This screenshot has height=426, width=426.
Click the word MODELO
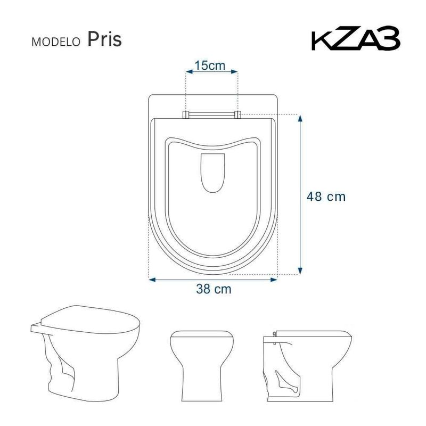[x=56, y=41]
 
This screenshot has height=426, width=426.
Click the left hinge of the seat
[x=186, y=113]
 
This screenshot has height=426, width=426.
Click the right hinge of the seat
[x=237, y=113]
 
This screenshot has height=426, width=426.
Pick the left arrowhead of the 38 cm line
[x=151, y=278]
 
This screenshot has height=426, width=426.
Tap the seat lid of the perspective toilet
[x=91, y=319]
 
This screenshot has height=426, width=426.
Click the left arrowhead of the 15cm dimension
[x=187, y=72]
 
